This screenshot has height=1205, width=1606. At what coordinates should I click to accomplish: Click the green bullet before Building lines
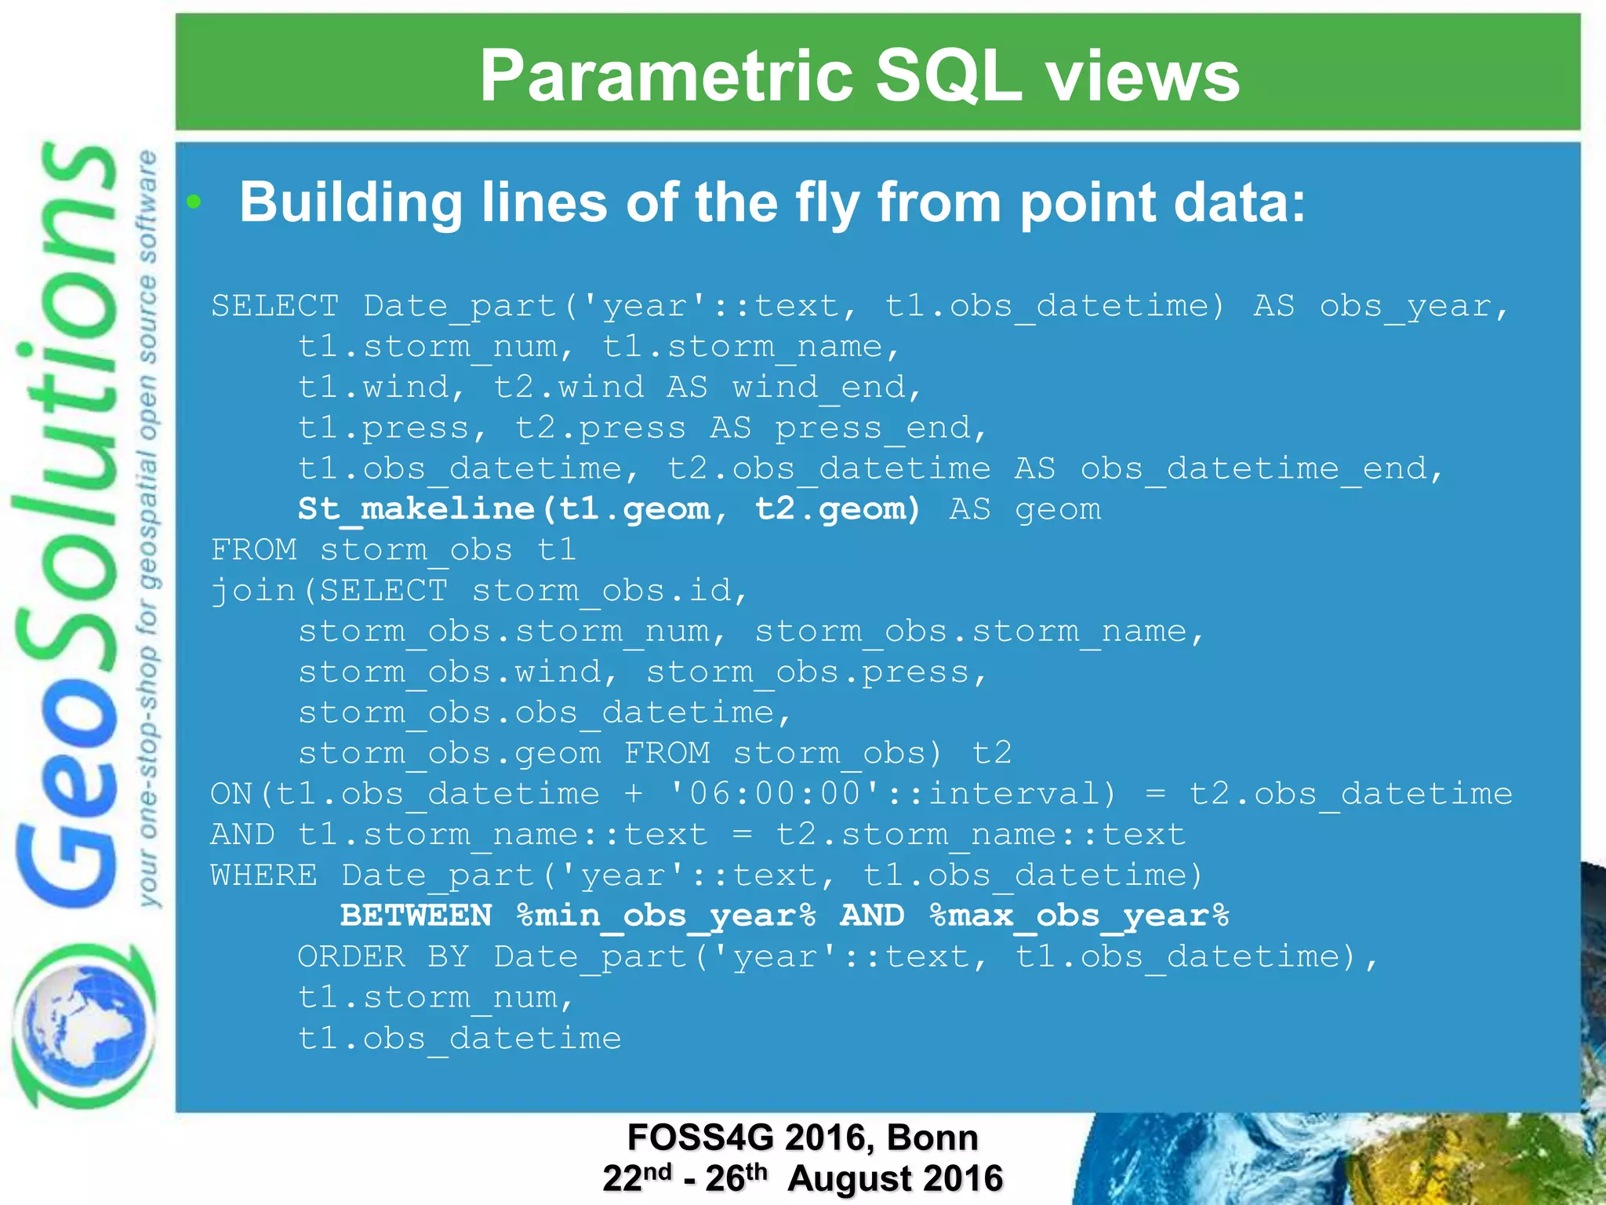click(x=194, y=202)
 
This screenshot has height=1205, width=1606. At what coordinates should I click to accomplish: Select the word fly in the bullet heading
click(x=827, y=202)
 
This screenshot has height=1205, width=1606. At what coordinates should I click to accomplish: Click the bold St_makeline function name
click(x=416, y=509)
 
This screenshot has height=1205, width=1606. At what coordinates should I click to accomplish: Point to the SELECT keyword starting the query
click(x=274, y=305)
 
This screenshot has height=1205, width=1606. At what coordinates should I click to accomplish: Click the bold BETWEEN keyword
click(x=416, y=916)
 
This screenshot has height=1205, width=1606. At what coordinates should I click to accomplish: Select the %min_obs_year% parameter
click(x=666, y=916)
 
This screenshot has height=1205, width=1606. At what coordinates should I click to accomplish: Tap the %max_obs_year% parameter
click(x=1079, y=916)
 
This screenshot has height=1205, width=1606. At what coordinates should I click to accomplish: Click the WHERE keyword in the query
click(x=263, y=875)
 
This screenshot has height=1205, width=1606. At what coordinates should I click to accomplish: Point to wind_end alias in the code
click(x=819, y=387)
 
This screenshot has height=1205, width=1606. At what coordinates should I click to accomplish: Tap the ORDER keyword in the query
click(x=351, y=956)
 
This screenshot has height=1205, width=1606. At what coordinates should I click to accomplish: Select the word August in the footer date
click(x=847, y=1178)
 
